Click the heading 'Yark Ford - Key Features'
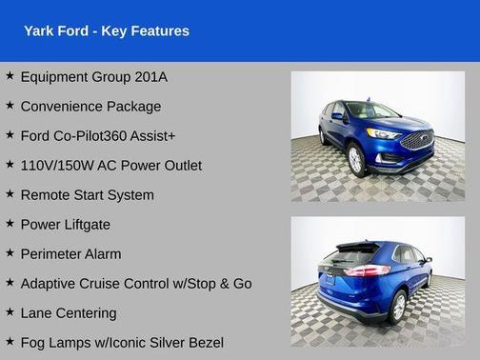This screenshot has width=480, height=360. [107, 31]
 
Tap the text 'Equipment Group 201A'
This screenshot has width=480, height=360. [100, 76]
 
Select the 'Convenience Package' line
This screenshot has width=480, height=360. [90, 106]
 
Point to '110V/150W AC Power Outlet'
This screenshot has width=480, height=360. [110, 165]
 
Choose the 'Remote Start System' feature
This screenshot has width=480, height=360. [87, 194]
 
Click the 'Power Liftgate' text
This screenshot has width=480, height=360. [65, 224]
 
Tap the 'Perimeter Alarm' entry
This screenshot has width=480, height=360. [70, 253]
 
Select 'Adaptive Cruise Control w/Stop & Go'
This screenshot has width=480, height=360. [135, 283]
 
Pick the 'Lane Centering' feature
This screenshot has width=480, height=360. [69, 312]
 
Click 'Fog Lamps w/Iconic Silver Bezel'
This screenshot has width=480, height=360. [121, 342]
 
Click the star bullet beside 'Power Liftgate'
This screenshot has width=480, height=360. [10, 224]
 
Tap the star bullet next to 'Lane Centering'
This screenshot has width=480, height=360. [10, 312]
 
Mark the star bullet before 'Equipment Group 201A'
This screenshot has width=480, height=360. [10, 76]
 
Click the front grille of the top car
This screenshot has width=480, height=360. [418, 140]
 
